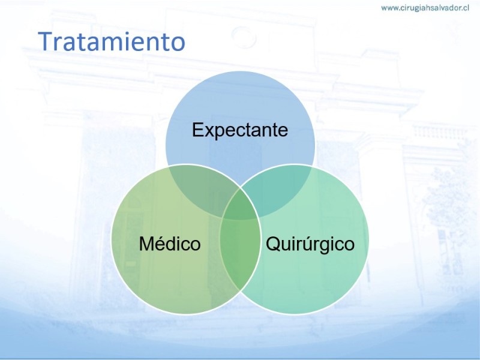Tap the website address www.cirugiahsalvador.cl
click(425, 8)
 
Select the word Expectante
click(240, 130)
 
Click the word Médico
click(170, 244)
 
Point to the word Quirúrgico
click(310, 244)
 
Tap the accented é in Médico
click(163, 244)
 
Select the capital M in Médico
click(147, 244)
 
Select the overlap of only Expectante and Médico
click(199, 189)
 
